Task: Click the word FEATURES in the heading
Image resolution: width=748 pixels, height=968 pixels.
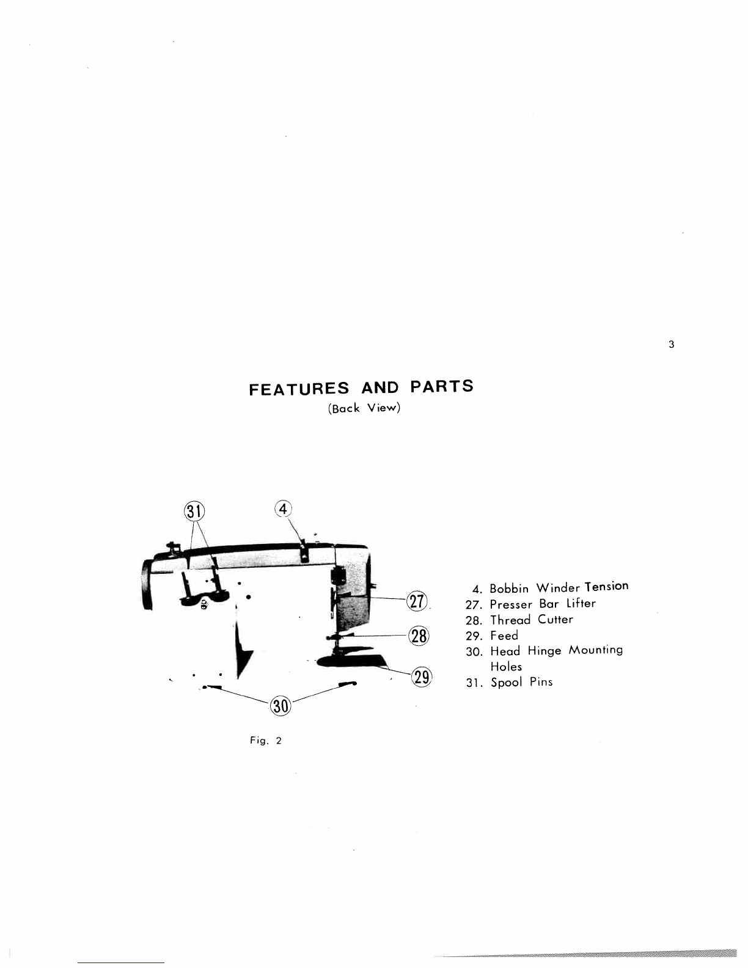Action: tap(299, 389)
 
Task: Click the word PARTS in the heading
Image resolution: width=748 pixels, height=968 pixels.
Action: tap(441, 386)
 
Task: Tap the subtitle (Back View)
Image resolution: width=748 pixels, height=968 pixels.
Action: tap(364, 408)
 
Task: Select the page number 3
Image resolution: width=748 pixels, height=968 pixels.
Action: tap(671, 345)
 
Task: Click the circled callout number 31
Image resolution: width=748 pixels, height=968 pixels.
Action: tap(194, 512)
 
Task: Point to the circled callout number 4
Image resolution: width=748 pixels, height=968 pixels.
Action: tap(283, 508)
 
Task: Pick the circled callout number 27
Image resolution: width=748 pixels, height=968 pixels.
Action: tap(419, 601)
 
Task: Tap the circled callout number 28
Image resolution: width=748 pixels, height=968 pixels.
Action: tap(419, 636)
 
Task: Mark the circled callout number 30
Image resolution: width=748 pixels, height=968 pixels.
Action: tap(280, 706)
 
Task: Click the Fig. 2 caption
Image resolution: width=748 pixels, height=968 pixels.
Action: tap(266, 741)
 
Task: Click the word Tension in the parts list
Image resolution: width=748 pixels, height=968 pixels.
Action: tap(606, 587)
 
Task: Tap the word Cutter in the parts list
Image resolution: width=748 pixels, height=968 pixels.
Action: tap(555, 620)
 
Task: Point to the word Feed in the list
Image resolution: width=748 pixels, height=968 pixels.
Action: tap(504, 636)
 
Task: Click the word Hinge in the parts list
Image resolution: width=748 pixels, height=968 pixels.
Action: tap(544, 651)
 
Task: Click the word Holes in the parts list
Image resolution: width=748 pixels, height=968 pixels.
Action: tap(506, 667)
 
